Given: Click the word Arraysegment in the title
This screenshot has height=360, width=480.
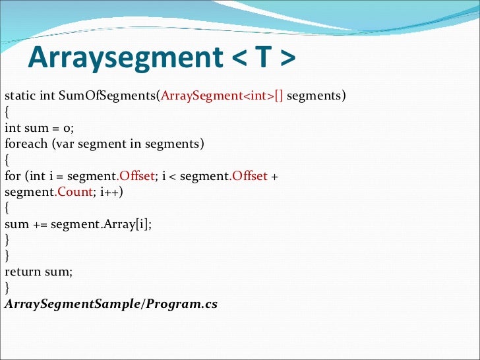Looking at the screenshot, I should [x=125, y=58].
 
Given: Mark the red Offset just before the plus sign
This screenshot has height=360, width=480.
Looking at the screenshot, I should [x=249, y=176].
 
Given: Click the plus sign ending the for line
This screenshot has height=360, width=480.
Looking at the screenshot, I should [x=274, y=176].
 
